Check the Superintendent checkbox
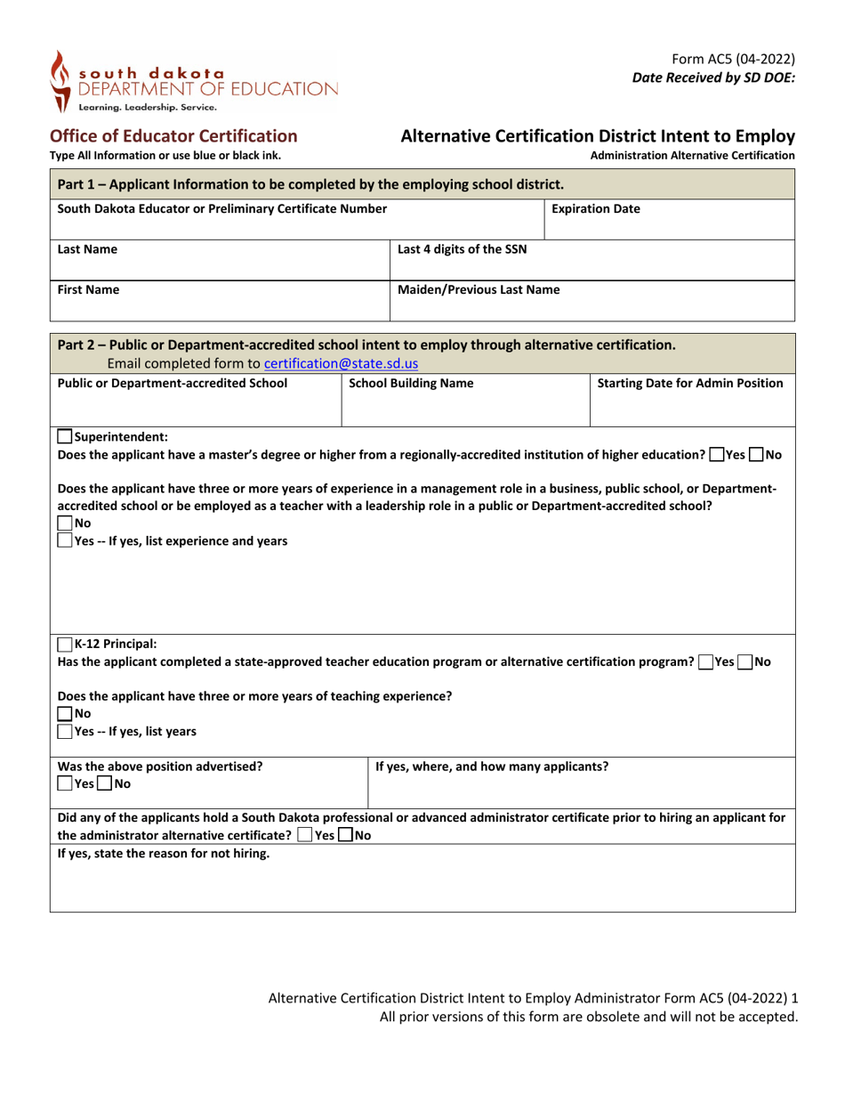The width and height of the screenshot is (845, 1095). point(65,436)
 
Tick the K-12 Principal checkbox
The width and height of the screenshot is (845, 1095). point(65,645)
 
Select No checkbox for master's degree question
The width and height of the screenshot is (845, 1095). point(755,454)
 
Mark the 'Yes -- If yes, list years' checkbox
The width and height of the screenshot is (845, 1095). point(65,732)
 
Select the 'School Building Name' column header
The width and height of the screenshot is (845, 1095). point(405,384)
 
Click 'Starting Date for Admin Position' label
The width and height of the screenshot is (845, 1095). point(689,384)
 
